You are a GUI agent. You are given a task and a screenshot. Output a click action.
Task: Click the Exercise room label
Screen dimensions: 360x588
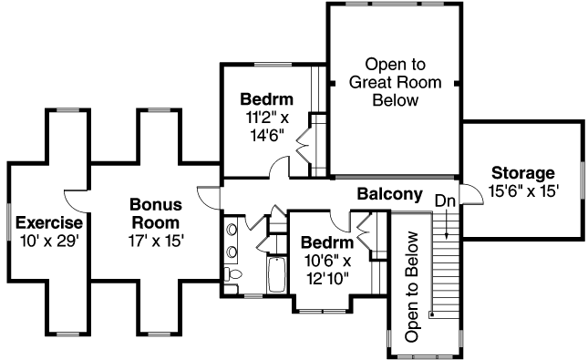[50, 222]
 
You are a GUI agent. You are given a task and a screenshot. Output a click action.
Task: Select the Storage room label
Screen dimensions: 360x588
[522, 173]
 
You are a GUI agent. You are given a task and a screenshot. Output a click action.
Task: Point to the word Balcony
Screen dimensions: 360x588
[389, 194]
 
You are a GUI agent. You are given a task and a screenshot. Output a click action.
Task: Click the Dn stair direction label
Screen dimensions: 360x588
[444, 200]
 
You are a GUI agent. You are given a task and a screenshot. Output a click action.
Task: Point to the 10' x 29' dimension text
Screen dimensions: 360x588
[50, 241]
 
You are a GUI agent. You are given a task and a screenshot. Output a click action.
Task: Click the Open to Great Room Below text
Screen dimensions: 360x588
[395, 82]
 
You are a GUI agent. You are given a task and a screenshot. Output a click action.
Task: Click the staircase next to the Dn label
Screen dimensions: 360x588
[446, 264]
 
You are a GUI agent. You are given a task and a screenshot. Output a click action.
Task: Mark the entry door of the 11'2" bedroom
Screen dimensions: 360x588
[279, 167]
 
